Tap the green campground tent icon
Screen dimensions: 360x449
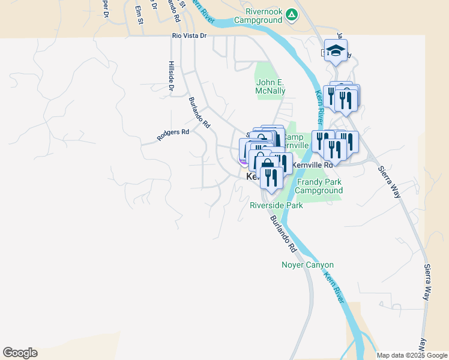[291, 14]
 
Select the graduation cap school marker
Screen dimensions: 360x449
[337, 50]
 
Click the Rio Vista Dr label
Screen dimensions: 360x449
[189, 36]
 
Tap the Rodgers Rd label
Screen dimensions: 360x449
[173, 134]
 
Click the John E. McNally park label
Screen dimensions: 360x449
[271, 86]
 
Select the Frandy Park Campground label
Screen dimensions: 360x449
[318, 186]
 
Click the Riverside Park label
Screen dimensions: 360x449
[276, 205]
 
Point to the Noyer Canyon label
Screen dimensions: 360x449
[307, 265]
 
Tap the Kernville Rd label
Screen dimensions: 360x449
[312, 164]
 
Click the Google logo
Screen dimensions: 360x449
[20, 353]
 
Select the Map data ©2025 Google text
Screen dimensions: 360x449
[412, 355]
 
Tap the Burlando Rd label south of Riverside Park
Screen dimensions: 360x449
[284, 233]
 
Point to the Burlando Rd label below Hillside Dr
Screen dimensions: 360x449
[200, 113]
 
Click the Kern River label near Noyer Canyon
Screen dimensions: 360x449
[334, 286]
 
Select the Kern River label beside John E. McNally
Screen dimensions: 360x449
[320, 105]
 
